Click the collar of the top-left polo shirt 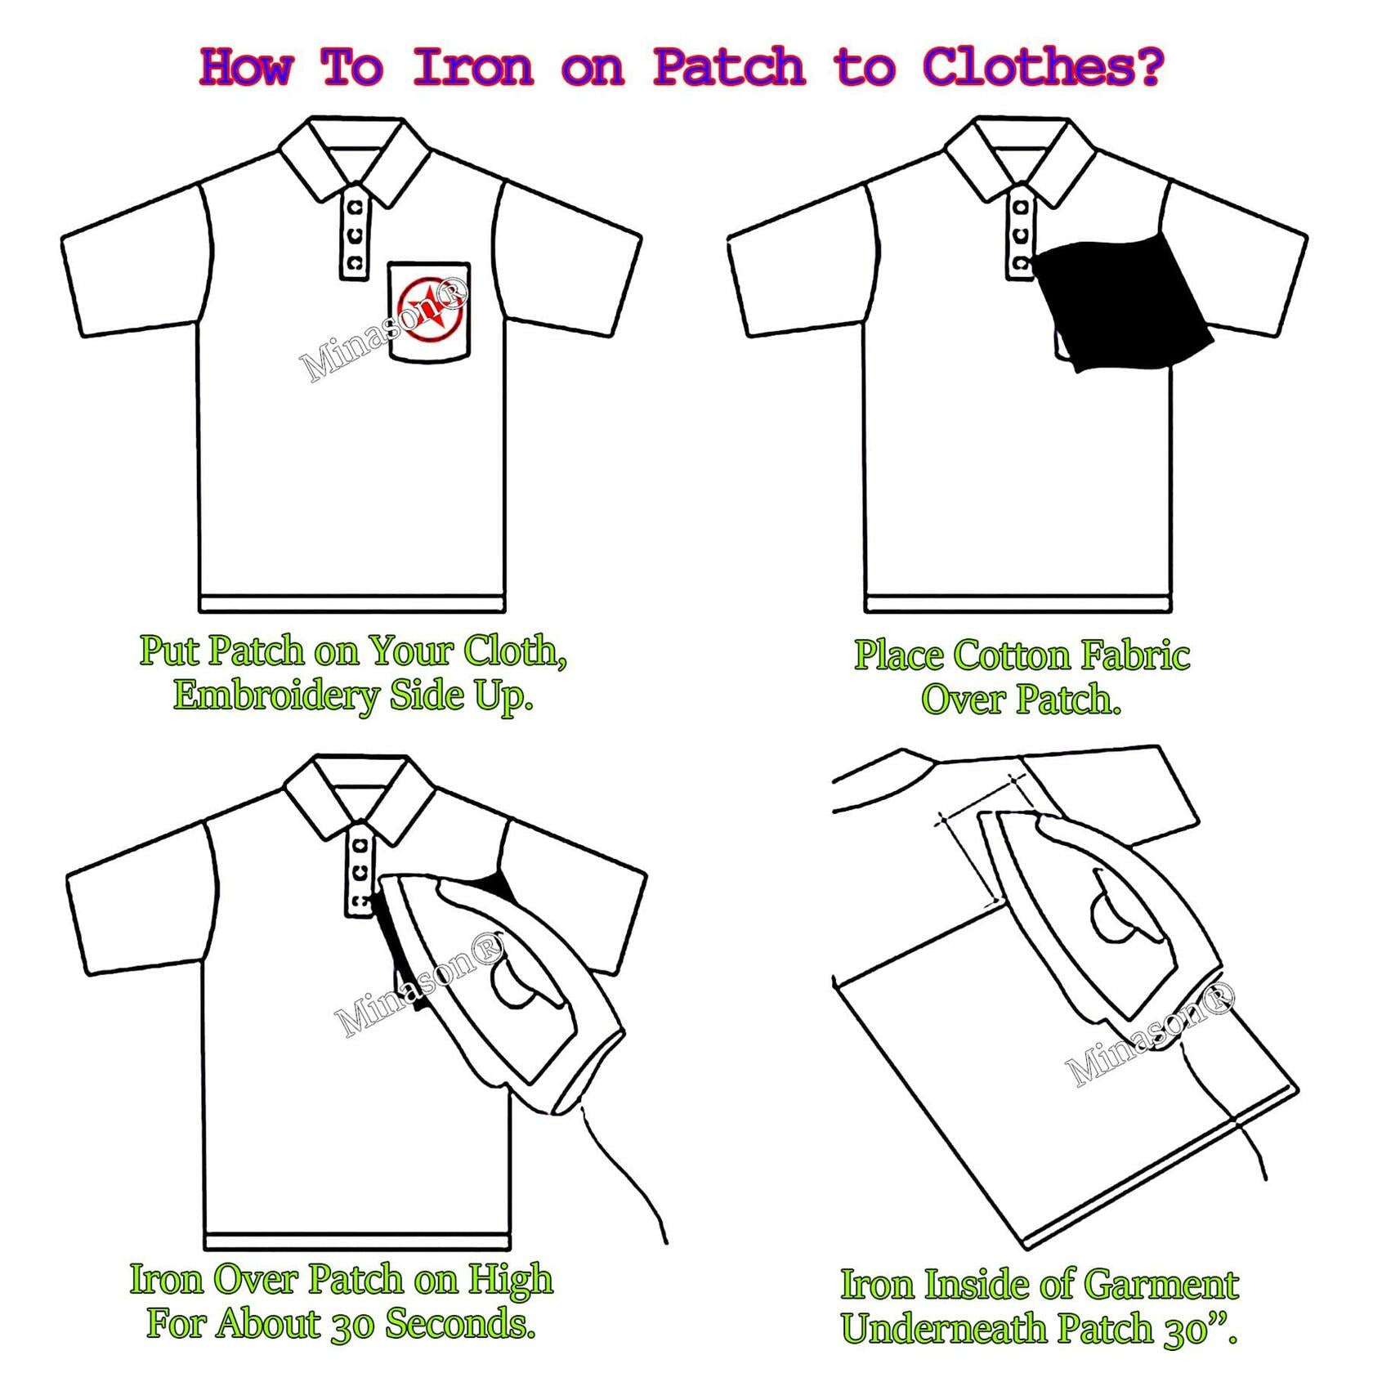coord(354,159)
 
